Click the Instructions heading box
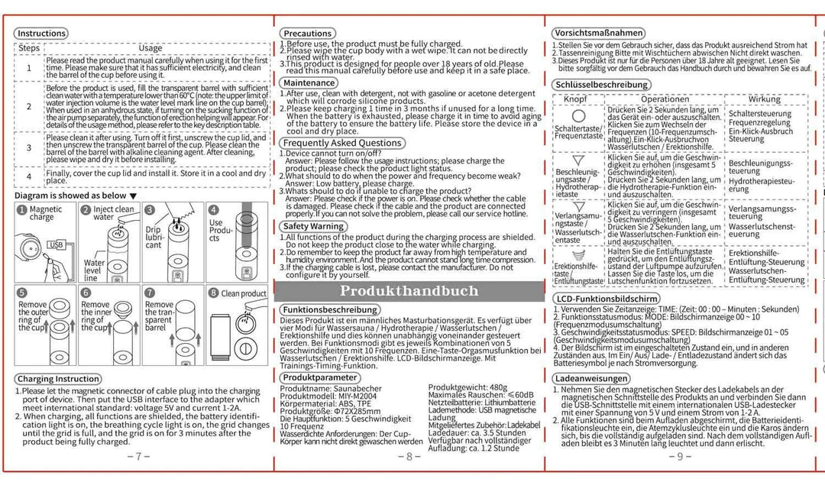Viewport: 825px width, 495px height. pyautogui.click(x=41, y=34)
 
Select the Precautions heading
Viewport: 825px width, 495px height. pyautogui.click(x=306, y=34)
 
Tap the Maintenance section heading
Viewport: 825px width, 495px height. pyautogui.click(x=309, y=82)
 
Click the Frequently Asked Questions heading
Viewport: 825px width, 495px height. pyautogui.click(x=342, y=143)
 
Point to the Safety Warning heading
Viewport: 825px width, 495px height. pyautogui.click(x=313, y=226)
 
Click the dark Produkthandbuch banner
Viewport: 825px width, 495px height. pyautogui.click(x=409, y=290)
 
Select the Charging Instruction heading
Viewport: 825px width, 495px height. pyautogui.click(x=58, y=379)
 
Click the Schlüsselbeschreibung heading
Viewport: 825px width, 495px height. pyautogui.click(x=603, y=85)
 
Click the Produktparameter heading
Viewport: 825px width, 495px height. pyautogui.click(x=319, y=377)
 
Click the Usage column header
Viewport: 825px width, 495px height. pyautogui.click(x=150, y=47)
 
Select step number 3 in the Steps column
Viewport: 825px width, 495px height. pyautogui.click(x=29, y=147)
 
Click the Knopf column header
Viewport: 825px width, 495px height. pyautogui.click(x=575, y=99)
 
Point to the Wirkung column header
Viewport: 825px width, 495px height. pyautogui.click(x=764, y=99)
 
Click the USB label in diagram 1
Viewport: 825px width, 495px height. pyautogui.click(x=55, y=244)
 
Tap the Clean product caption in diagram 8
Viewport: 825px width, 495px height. pyautogui.click(x=244, y=293)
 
